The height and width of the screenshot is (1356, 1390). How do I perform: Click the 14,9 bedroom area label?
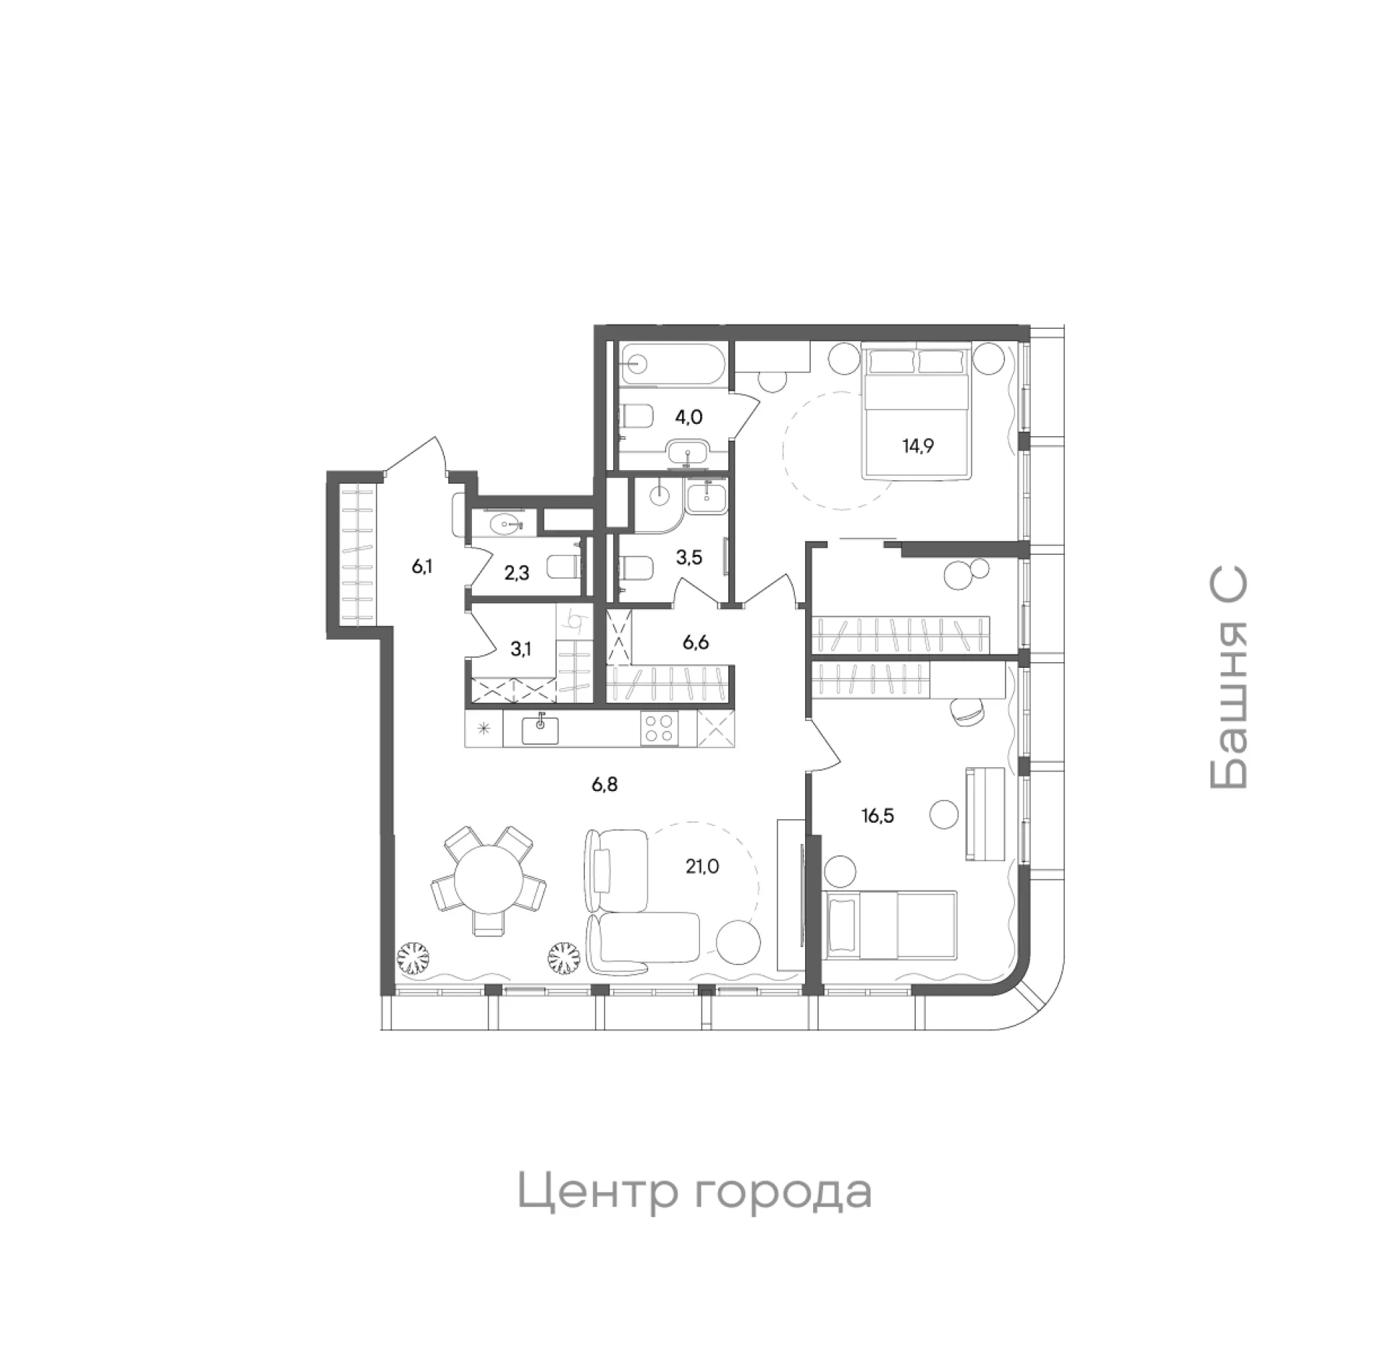tap(917, 445)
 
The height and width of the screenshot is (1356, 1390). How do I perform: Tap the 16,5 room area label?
tap(877, 816)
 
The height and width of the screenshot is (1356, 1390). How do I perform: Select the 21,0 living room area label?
tap(703, 866)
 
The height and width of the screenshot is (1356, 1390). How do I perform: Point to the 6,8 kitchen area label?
tap(605, 784)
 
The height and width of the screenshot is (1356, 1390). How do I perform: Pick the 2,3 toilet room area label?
tap(517, 573)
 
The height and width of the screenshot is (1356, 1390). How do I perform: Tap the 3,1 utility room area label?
tap(521, 648)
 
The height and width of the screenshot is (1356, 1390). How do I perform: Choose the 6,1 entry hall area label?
tap(422, 566)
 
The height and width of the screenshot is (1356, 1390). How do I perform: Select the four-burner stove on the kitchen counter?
tap(660, 728)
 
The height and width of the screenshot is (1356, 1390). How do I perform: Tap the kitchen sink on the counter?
tap(540, 729)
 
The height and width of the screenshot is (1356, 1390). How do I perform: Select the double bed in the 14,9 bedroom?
tap(916, 412)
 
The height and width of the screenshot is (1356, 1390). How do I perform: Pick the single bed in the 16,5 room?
tap(890, 924)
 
